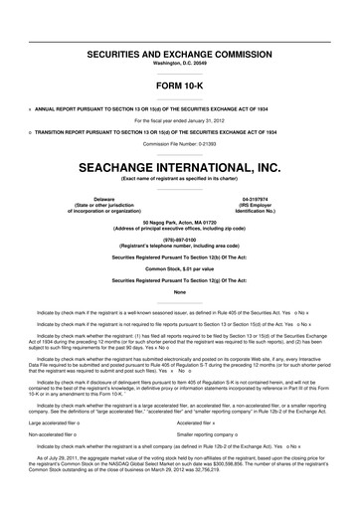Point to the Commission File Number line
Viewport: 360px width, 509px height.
coord(179,144)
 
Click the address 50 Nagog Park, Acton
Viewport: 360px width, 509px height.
coord(179,223)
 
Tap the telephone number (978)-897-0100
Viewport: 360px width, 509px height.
coord(179,240)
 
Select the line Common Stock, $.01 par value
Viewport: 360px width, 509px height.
coord(179,269)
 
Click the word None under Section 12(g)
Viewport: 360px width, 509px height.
coord(179,292)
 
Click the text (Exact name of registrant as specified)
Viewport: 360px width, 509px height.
coord(179,179)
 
